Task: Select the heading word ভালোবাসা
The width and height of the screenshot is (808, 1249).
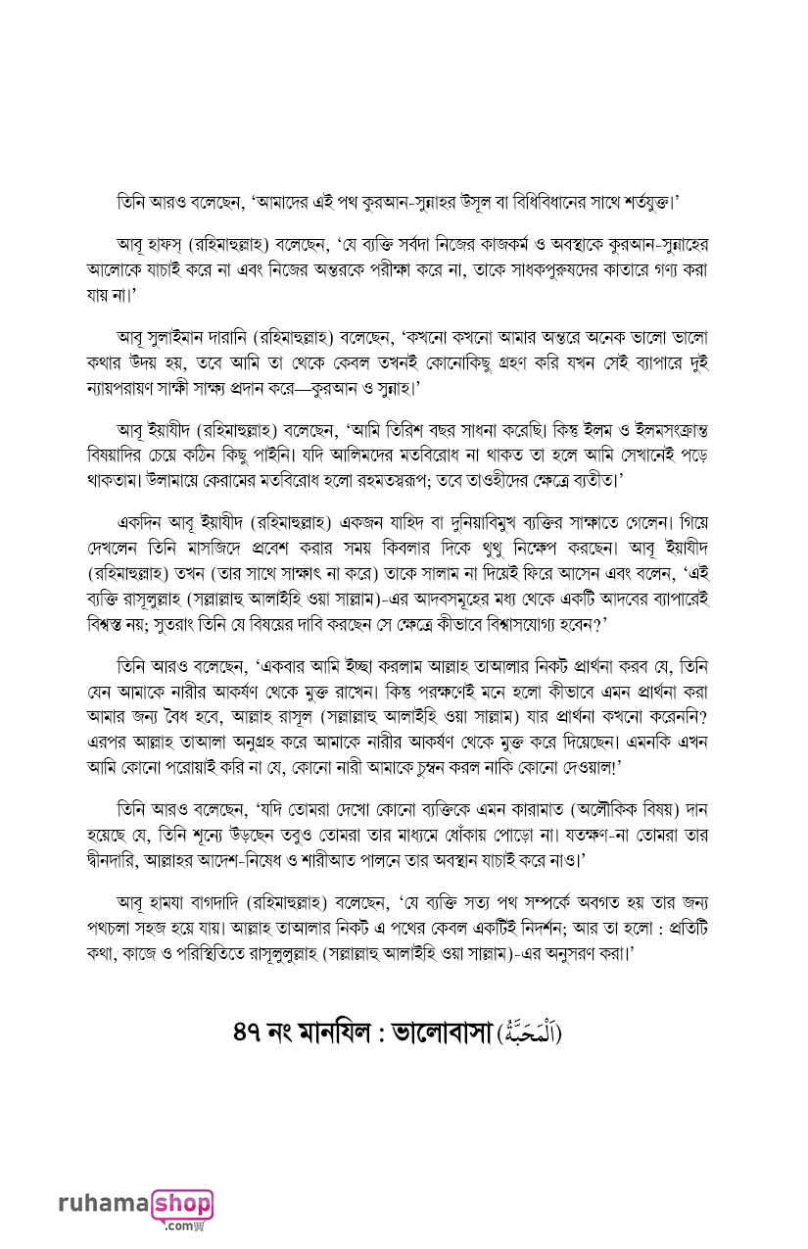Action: (444, 1033)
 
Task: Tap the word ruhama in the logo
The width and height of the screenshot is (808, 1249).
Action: (103, 1204)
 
